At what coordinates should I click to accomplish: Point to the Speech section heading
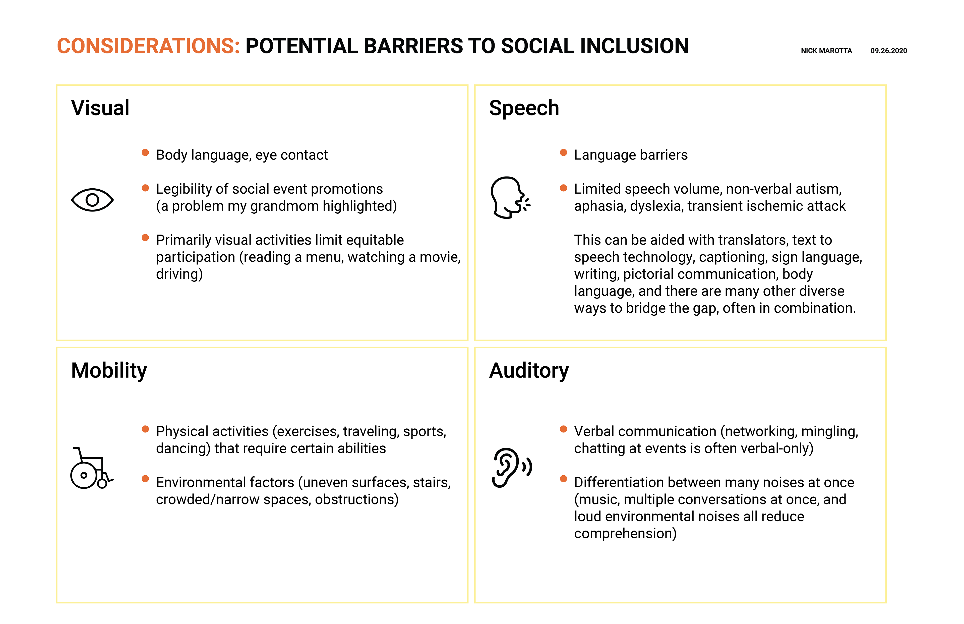click(524, 108)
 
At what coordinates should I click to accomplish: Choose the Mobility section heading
click(109, 371)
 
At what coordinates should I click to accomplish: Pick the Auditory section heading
click(529, 371)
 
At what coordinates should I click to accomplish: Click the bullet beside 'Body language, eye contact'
click(145, 153)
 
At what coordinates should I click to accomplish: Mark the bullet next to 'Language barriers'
click(563, 153)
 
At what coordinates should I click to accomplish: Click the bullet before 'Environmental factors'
click(145, 479)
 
